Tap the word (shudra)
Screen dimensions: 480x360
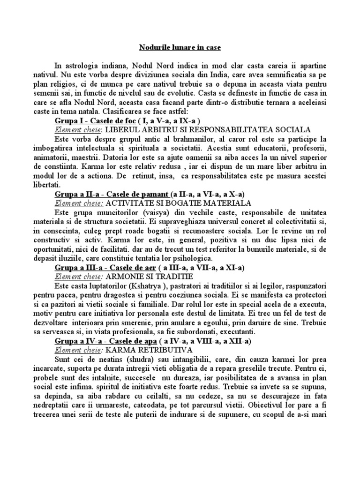pos(130,360)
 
